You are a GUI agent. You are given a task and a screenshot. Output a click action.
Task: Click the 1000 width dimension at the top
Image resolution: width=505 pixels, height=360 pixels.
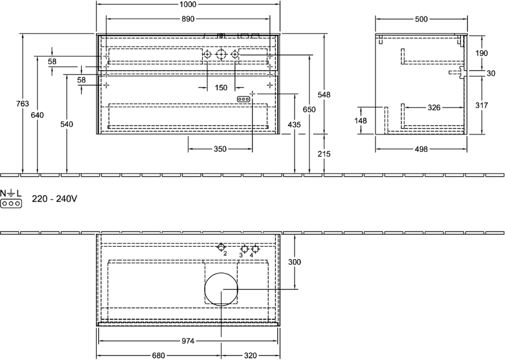(188, 4)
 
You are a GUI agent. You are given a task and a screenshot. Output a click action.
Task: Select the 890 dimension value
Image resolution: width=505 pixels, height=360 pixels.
(188, 19)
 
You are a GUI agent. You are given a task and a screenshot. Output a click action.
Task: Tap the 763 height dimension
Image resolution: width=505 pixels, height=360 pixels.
(23, 104)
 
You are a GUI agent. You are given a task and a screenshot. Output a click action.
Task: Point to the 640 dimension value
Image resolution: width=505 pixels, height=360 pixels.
(38, 115)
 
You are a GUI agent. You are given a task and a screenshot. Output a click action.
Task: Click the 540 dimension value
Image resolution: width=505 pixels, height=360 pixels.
(67, 124)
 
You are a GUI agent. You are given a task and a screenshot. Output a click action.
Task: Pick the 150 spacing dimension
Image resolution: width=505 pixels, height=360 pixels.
(221, 87)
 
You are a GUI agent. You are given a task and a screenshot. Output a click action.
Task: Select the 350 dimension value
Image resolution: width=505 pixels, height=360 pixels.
(221, 149)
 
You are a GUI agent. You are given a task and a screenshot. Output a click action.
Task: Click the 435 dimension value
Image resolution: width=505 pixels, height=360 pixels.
(295, 124)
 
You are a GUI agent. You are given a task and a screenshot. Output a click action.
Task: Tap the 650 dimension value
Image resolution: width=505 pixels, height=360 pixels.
(309, 110)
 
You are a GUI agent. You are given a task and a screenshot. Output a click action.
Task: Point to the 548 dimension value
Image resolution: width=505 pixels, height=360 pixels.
(324, 95)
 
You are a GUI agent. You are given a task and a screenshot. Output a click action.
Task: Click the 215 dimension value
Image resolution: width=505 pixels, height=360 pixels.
(324, 154)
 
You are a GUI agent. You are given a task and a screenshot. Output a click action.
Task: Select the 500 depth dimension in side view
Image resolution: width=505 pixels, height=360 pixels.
(421, 19)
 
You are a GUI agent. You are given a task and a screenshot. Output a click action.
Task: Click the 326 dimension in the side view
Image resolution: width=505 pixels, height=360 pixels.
(434, 108)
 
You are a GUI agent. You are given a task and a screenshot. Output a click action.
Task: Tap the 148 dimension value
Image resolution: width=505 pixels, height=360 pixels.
(360, 121)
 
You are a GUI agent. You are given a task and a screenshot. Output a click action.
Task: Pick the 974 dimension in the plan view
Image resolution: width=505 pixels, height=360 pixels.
(188, 341)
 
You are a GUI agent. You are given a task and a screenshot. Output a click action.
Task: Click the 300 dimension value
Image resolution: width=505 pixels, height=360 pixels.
(295, 262)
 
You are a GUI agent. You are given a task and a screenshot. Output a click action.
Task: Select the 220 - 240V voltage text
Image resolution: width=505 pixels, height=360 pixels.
(54, 199)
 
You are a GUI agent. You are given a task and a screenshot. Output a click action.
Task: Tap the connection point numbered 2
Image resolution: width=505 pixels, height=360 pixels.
(221, 247)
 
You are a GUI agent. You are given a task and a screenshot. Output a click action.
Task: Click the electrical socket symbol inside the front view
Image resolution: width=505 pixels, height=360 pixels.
(243, 99)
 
